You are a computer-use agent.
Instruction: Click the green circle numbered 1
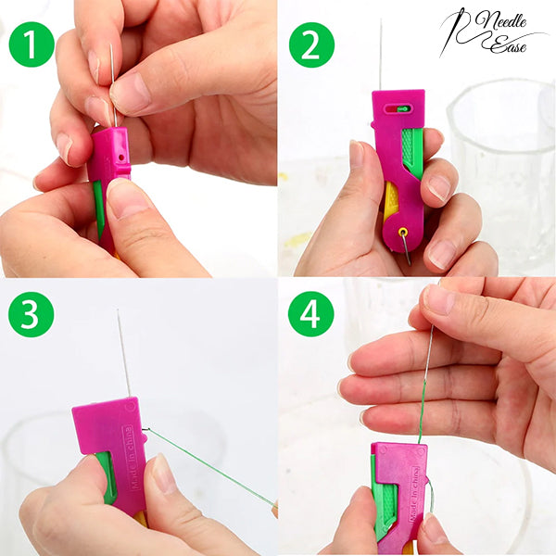coord(32,44)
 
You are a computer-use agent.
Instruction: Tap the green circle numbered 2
coord(311,44)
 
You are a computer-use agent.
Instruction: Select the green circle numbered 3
coord(32,314)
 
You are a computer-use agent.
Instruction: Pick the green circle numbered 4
coord(311,314)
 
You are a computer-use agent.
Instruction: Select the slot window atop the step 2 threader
coord(398,108)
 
